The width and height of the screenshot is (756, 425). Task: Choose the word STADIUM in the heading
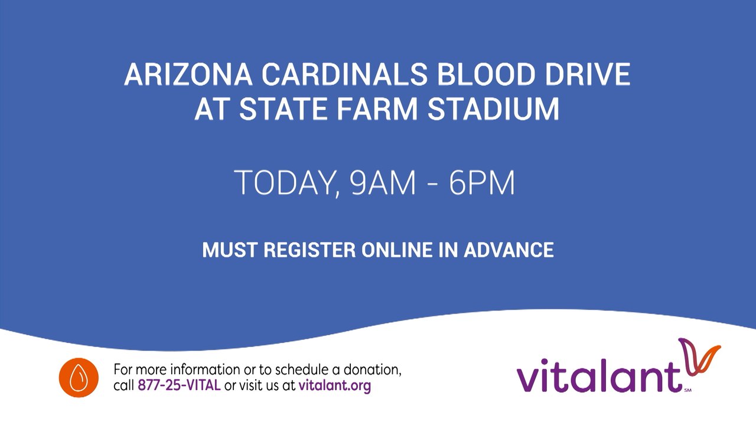[x=493, y=109]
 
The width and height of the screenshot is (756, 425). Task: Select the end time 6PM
[x=482, y=184]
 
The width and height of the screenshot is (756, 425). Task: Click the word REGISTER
[x=309, y=250]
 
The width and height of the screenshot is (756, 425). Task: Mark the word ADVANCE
[x=509, y=250]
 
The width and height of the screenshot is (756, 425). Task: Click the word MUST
[x=230, y=250]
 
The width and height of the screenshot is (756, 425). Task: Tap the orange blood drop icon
[x=79, y=378]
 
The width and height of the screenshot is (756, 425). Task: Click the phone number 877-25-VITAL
[x=179, y=387]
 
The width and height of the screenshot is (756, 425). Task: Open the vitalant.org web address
[x=335, y=387]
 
